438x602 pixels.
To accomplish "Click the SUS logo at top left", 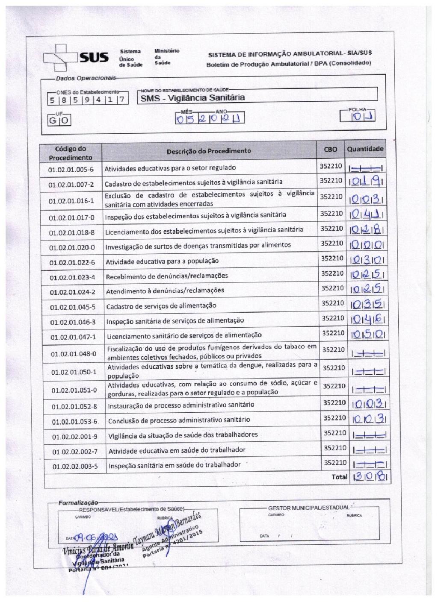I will click(x=77, y=58).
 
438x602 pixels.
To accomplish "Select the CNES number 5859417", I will click(x=87, y=100).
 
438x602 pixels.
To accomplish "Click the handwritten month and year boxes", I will click(x=210, y=118).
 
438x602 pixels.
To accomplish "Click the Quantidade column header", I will click(x=365, y=150).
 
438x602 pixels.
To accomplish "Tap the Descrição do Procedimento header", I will click(x=209, y=151).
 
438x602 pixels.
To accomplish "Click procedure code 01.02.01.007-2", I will click(x=71, y=185).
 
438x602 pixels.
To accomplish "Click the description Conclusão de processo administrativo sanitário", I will click(x=179, y=420).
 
